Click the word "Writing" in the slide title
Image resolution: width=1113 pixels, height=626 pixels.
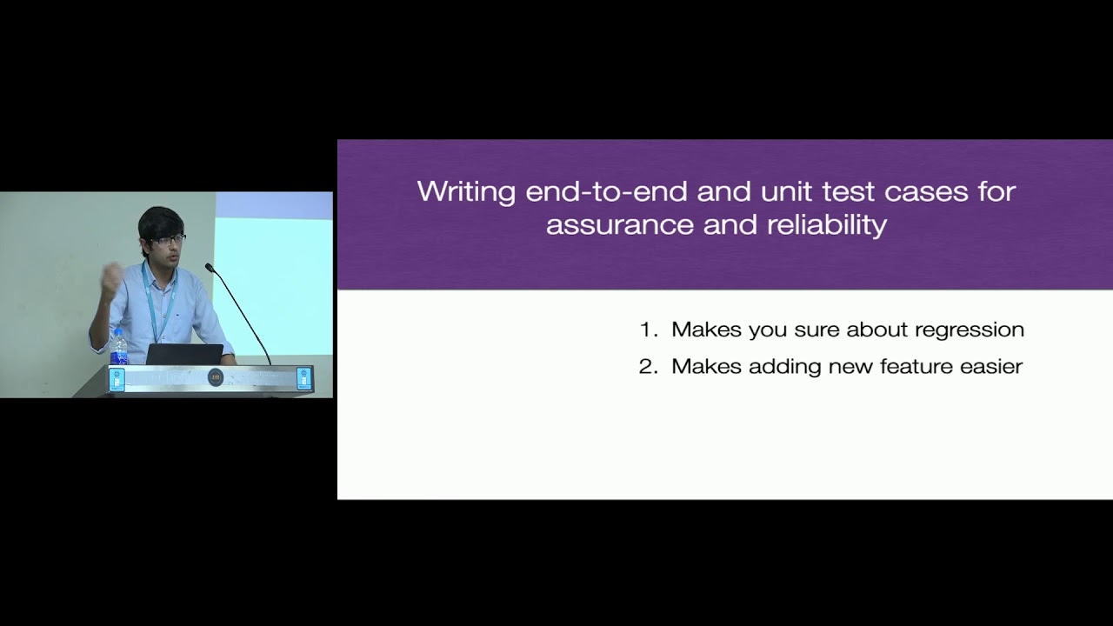[x=467, y=191]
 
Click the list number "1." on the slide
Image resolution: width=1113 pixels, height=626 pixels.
[x=650, y=330]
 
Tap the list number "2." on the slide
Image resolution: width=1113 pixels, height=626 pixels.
[x=650, y=366]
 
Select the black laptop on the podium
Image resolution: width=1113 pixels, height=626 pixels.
[x=183, y=354]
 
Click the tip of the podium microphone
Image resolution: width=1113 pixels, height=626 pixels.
[x=209, y=267]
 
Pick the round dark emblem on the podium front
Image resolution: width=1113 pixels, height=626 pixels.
[x=216, y=377]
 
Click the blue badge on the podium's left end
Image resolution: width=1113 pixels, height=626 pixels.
[x=117, y=378]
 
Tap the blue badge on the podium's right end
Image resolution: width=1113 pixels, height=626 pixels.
[x=303, y=377]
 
